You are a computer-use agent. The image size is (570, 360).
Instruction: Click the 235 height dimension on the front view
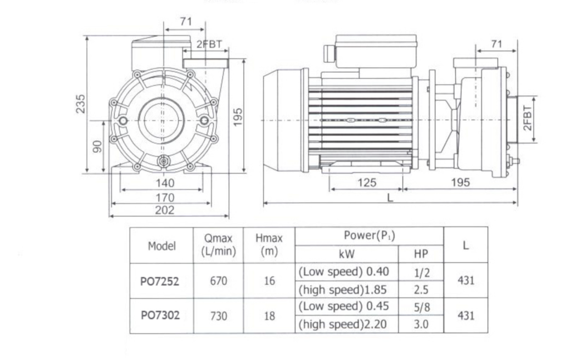81,104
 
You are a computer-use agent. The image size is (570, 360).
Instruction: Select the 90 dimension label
97,146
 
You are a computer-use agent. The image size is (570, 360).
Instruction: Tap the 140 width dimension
165,183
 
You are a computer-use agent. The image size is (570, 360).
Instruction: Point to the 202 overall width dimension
165,210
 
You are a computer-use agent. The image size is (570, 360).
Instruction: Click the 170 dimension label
165,197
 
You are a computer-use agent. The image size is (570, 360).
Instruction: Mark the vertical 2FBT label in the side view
528,119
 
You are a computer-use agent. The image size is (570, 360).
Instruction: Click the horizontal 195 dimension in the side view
460,183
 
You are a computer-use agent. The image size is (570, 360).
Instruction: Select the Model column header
161,245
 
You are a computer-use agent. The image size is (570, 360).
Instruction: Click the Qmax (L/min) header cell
218,245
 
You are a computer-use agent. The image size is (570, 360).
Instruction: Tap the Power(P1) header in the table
369,235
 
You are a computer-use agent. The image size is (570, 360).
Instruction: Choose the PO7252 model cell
161,281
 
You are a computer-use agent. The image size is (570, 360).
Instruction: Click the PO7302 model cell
161,315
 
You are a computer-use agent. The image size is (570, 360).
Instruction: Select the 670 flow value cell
218,281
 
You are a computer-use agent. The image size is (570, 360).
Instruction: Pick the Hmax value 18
269,315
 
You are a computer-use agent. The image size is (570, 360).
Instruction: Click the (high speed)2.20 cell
346,324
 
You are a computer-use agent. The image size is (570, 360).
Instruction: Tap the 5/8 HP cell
421,307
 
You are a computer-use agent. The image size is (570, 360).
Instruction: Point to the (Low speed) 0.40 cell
346,272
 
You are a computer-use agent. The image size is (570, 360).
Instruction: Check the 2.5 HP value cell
421,289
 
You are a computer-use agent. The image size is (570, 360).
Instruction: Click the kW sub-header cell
346,254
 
